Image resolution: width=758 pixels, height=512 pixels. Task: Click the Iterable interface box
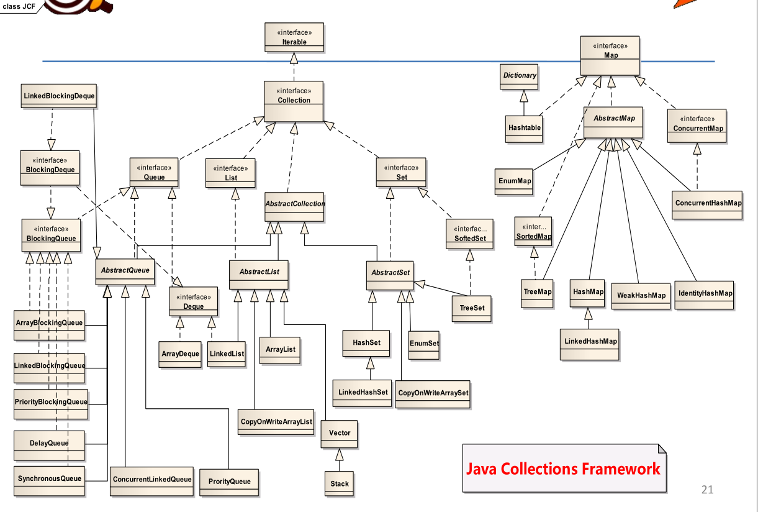[294, 38]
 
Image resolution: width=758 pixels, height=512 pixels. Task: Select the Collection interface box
[294, 101]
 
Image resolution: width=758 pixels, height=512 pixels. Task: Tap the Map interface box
[610, 55]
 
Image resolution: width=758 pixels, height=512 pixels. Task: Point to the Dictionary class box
[520, 77]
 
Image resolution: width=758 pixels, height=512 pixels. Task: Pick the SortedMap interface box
[533, 232]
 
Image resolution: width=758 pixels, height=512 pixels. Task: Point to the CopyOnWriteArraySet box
[433, 394]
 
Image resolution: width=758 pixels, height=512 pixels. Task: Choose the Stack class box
[340, 483]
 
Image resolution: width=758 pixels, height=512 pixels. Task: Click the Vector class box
[340, 434]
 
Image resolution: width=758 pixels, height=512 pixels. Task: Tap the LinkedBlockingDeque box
[59, 98]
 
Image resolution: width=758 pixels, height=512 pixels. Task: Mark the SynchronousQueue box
[49, 480]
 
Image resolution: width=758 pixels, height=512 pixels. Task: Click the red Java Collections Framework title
[563, 469]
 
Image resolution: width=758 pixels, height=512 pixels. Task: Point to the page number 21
[707, 490]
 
